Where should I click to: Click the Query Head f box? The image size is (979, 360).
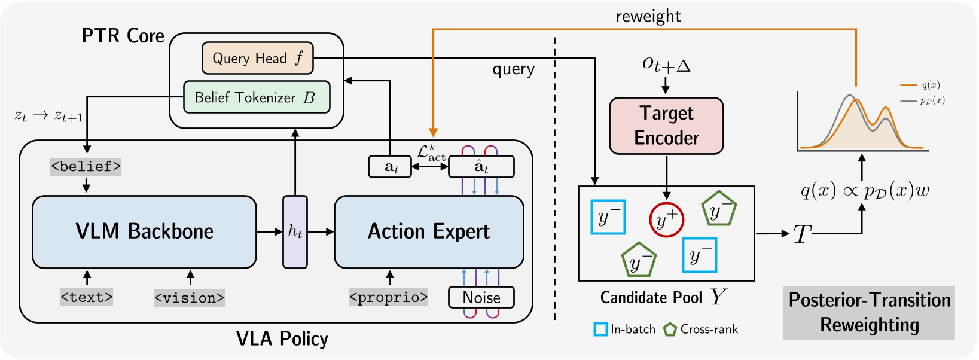click(x=257, y=58)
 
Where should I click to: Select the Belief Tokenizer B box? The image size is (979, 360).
click(x=256, y=97)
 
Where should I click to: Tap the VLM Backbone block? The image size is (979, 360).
click(x=144, y=231)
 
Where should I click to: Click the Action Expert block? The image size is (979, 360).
click(x=428, y=231)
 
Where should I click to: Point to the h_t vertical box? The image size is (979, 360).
click(x=295, y=231)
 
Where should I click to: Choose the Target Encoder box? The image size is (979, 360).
click(x=666, y=126)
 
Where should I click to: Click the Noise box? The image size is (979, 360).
click(x=481, y=297)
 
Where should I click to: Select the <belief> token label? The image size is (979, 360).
click(x=86, y=166)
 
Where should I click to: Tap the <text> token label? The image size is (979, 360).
click(x=87, y=297)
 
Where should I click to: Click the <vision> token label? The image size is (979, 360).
click(x=189, y=298)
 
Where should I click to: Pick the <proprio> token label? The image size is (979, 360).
click(x=388, y=297)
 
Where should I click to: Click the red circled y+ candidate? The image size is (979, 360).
click(x=666, y=219)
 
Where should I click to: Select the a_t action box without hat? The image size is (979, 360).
click(x=390, y=167)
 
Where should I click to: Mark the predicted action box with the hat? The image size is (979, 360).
click(x=481, y=167)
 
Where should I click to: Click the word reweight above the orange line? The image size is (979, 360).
click(x=648, y=16)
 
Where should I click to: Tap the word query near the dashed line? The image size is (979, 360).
click(x=513, y=69)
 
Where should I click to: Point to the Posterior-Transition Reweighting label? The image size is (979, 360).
click(x=869, y=312)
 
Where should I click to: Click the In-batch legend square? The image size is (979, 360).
click(x=600, y=329)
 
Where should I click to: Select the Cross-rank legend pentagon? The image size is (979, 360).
click(x=670, y=329)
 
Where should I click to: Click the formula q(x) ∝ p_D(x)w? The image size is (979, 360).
click(x=865, y=191)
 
